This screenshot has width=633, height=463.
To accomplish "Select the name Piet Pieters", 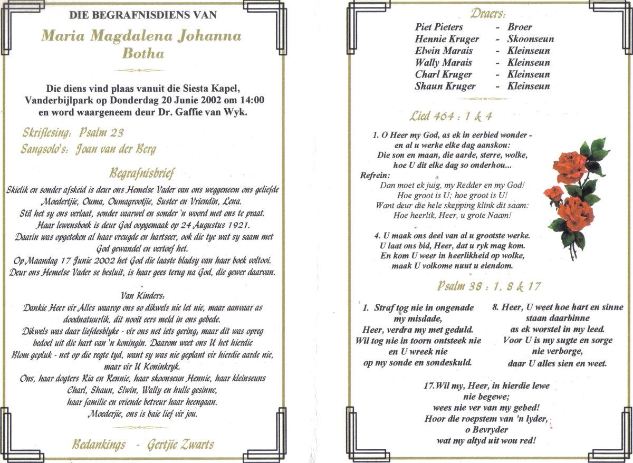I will pyautogui.click(x=439, y=27).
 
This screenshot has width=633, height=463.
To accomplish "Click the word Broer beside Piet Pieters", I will pyautogui.click(x=520, y=27).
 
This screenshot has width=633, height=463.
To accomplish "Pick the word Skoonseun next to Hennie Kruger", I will pyautogui.click(x=531, y=39).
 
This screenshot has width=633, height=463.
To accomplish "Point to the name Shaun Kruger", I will pyautogui.click(x=445, y=86).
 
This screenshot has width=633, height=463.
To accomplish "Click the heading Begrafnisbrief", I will pyautogui.click(x=142, y=173).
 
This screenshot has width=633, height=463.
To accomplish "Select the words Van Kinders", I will pyautogui.click(x=142, y=295).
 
